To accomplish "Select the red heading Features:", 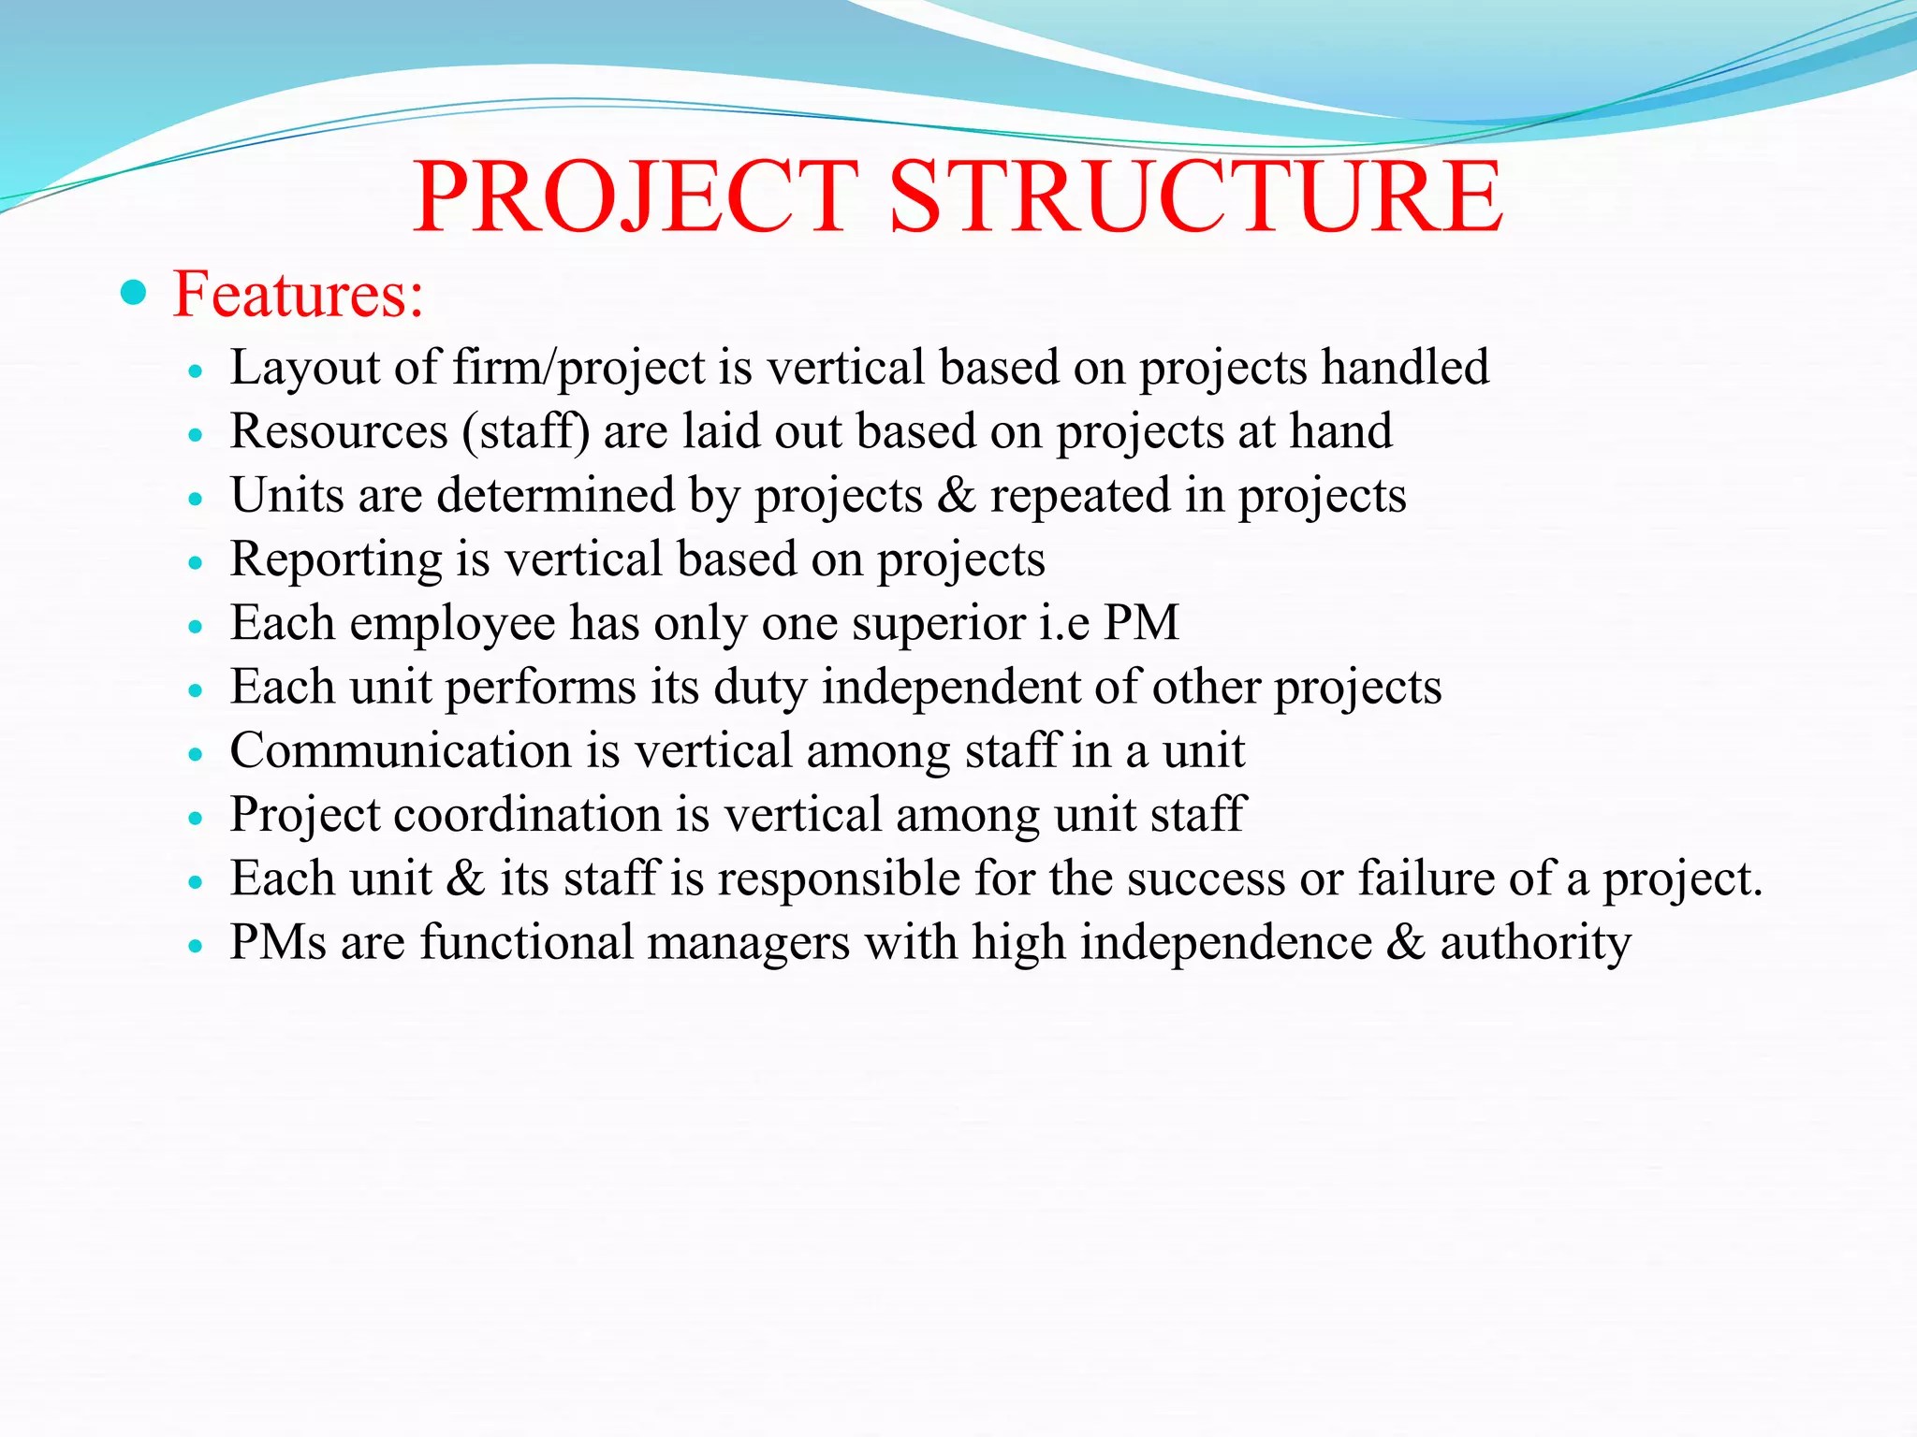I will (299, 295).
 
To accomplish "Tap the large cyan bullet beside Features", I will (135, 294).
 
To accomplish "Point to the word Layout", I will (304, 367).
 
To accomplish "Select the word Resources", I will (339, 431).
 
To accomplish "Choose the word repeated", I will (1080, 495).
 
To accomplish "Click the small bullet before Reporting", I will (196, 563).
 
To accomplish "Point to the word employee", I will (452, 623).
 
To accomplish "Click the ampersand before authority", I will (1405, 942).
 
